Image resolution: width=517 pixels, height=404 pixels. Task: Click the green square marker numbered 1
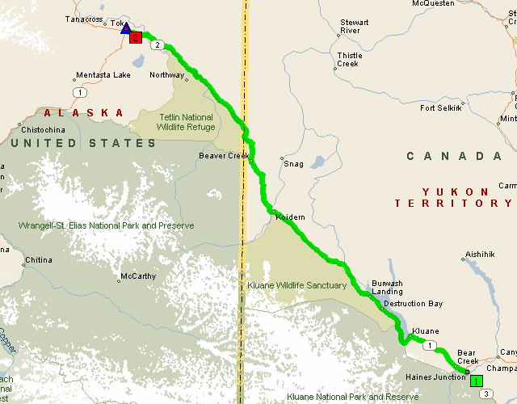477,381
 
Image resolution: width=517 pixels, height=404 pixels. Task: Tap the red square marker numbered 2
136,37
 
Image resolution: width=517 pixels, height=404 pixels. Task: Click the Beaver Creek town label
220,156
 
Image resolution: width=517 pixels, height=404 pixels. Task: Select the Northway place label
167,75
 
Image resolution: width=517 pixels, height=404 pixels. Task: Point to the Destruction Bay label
413,304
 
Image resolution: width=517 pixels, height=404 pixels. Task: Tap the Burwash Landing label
386,288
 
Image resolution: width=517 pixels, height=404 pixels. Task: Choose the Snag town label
293,164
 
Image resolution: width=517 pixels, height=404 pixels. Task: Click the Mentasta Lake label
103,75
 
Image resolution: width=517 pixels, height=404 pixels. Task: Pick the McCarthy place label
137,276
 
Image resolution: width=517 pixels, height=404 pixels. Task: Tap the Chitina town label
38,260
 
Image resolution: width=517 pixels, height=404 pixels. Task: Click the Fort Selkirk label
441,107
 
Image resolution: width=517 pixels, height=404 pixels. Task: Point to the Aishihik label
480,255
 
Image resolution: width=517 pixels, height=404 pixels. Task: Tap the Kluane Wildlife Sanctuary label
298,285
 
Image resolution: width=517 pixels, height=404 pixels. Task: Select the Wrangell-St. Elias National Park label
106,225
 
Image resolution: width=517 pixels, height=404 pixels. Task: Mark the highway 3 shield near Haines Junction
485,393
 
